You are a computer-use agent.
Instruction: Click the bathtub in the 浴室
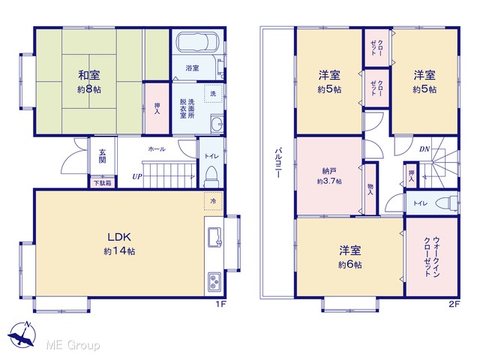[x=197, y=42]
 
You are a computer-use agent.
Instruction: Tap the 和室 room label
[x=89, y=75]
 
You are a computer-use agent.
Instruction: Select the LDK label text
[x=119, y=237]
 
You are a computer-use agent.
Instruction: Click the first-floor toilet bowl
[x=211, y=177]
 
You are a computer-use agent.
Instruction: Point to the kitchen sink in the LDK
[x=214, y=237]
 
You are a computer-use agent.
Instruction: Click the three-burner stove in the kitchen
[x=214, y=282]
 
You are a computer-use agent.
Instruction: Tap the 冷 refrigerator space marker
[x=213, y=201]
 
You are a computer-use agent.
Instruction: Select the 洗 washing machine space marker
[x=213, y=93]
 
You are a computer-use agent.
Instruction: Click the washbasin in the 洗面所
[x=217, y=124]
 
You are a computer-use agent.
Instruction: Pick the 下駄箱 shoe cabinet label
[x=102, y=183]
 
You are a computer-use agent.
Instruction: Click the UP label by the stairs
[x=137, y=177]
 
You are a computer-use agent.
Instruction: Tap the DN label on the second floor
[x=424, y=149]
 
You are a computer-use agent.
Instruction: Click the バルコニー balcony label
[x=278, y=163]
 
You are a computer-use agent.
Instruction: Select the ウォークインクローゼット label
[x=432, y=256]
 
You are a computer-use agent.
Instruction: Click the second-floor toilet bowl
[x=447, y=203]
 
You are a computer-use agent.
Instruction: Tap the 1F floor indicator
[x=220, y=304]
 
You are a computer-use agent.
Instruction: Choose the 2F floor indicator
[x=454, y=304]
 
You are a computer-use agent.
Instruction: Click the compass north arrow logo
[x=22, y=334]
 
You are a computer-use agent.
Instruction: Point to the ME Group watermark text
[x=73, y=345]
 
